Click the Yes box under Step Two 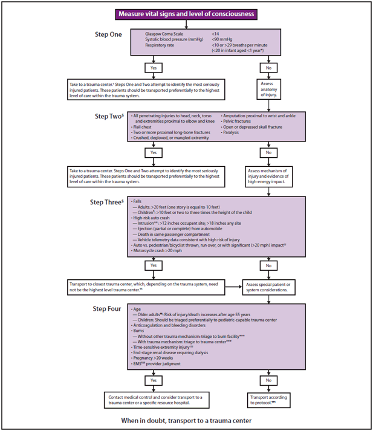click(152, 154)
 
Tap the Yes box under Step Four click(152, 381)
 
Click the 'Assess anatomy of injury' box click(269, 89)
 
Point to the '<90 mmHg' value click(224, 39)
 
